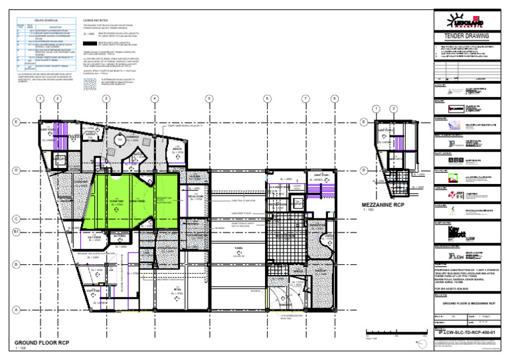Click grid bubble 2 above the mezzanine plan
pos(394,108)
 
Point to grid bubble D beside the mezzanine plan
pos(363,170)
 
